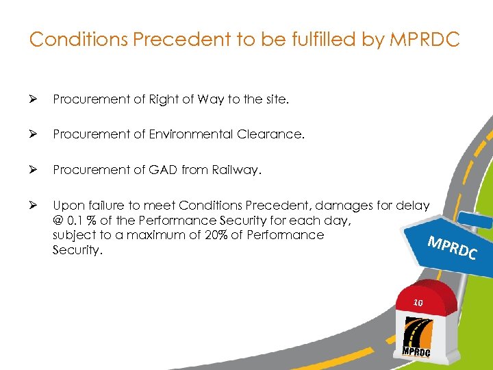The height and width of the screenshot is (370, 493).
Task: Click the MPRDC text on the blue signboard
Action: coord(451,248)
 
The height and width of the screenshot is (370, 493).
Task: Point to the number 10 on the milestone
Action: coord(419,302)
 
